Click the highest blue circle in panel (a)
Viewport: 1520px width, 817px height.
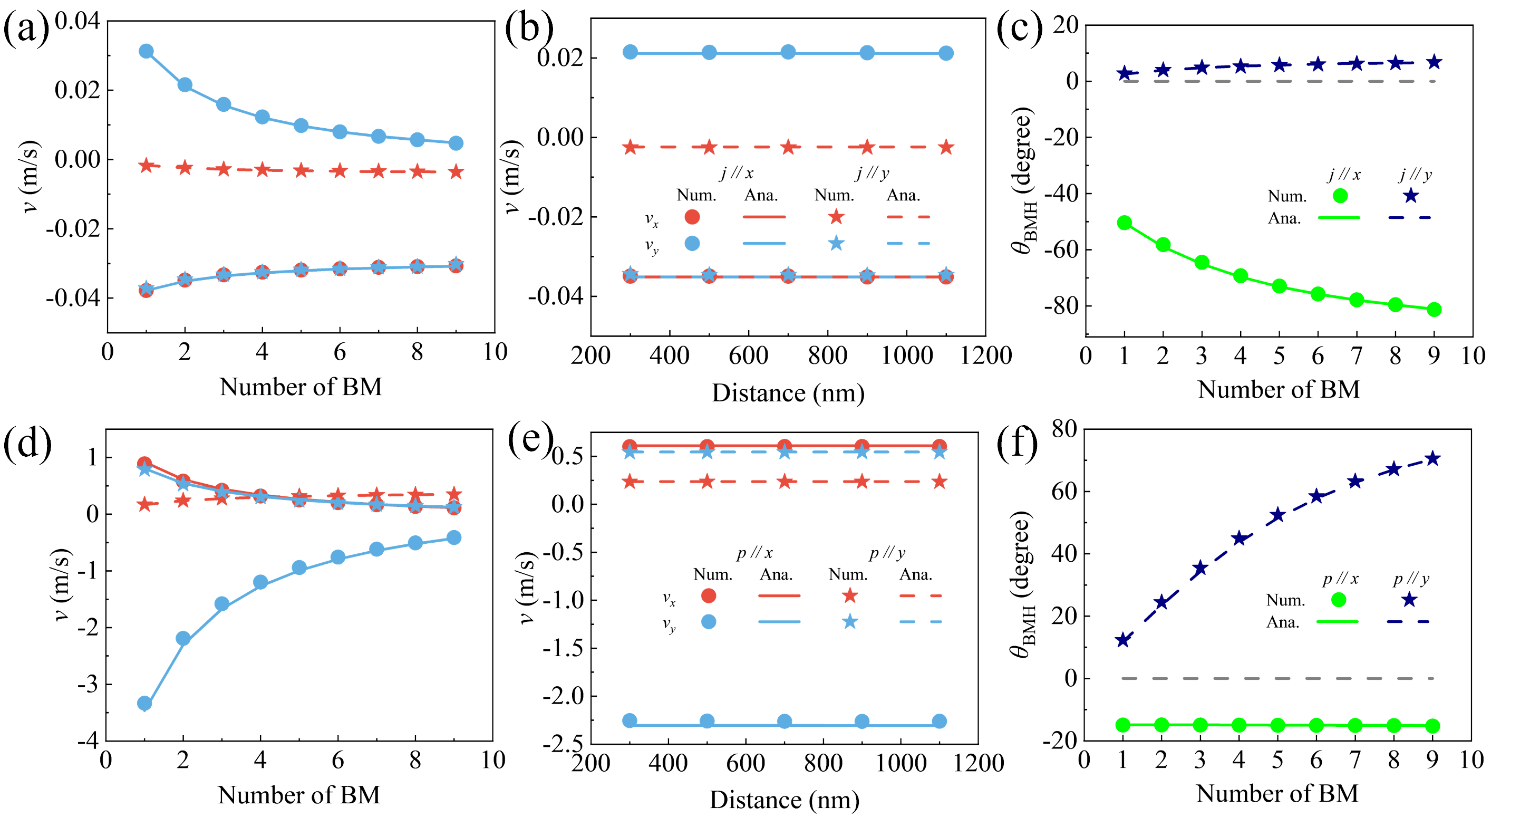pyautogui.click(x=146, y=51)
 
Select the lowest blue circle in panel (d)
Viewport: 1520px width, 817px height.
pyautogui.click(x=144, y=703)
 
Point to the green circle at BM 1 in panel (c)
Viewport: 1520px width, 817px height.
pyautogui.click(x=1124, y=223)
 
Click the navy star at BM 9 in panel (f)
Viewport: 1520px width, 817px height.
pyautogui.click(x=1432, y=459)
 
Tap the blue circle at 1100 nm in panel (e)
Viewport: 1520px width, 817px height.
pyautogui.click(x=940, y=721)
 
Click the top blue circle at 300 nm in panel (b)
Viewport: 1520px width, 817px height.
pyautogui.click(x=630, y=52)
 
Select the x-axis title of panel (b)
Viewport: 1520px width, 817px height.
pyautogui.click(x=788, y=393)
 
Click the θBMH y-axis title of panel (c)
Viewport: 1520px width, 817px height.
pyautogui.click(x=1023, y=180)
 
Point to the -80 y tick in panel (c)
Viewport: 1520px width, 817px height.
pyautogui.click(x=1060, y=306)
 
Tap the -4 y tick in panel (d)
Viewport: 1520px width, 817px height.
pyautogui.click(x=88, y=741)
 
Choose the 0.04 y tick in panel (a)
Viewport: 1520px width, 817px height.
pyautogui.click(x=78, y=21)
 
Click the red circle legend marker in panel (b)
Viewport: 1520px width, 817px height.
pyautogui.click(x=692, y=217)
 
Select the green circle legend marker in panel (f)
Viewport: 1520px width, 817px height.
pyautogui.click(x=1339, y=600)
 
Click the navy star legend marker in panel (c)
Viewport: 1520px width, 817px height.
pyautogui.click(x=1410, y=195)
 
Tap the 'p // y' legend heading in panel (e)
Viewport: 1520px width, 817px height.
pyautogui.click(x=887, y=553)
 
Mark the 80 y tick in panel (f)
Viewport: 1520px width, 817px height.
pyautogui.click(x=1064, y=429)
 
